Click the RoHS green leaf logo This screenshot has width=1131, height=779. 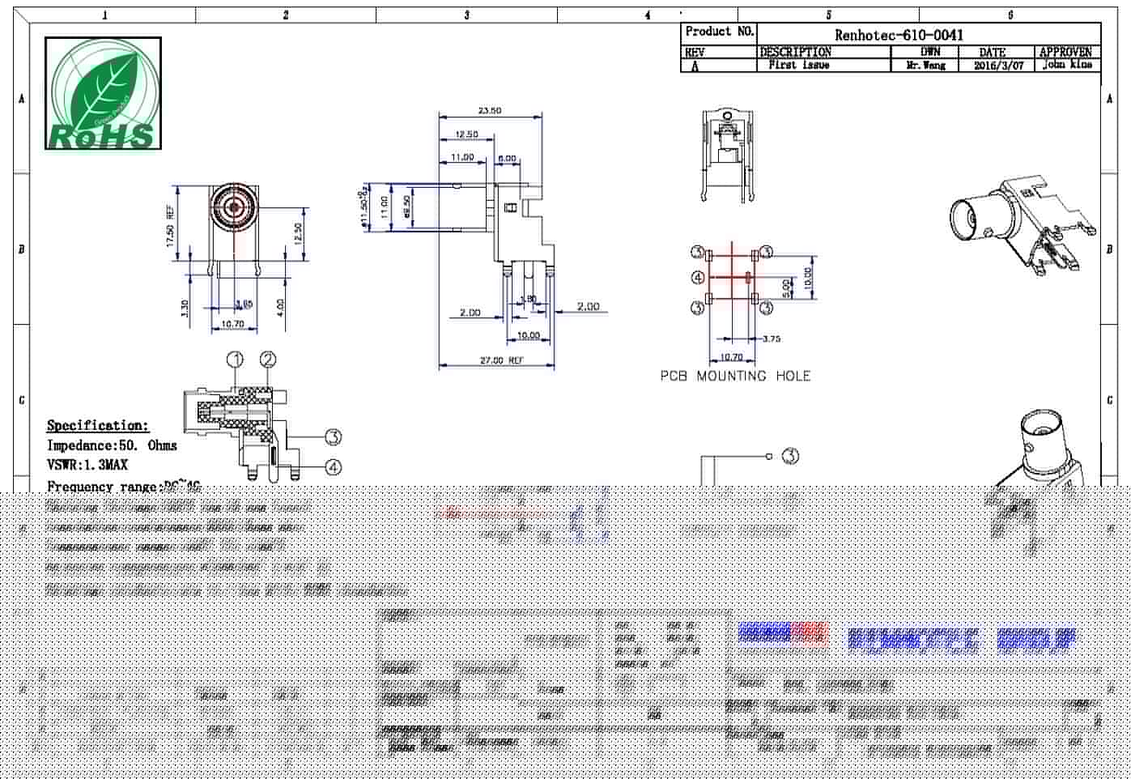[103, 93]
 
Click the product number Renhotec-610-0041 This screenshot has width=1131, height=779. [899, 35]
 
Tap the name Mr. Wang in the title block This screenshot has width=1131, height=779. [925, 66]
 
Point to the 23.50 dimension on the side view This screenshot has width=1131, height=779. [489, 111]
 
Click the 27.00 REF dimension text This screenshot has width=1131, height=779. [501, 360]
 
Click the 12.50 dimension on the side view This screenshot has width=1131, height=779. [466, 134]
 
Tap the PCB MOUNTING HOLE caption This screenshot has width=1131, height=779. [735, 376]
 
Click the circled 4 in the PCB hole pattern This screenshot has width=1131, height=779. [698, 279]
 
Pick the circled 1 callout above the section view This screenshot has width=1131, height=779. [235, 360]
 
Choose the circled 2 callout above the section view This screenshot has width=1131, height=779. [268, 360]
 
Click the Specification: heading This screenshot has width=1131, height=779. [98, 425]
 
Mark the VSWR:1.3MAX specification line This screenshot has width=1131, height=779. [87, 465]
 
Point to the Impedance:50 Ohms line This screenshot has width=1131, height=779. [112, 445]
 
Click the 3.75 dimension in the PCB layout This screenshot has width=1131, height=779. [771, 339]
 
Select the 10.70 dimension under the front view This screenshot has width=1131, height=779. [232, 324]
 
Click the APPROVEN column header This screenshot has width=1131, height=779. [1065, 52]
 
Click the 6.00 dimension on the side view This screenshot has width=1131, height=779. [507, 158]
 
